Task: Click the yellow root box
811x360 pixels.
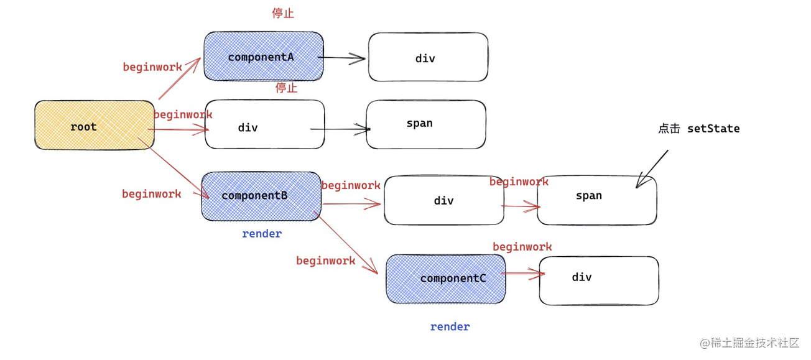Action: [x=94, y=125]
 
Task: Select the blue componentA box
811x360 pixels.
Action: [x=264, y=57]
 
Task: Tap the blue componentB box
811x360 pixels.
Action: [x=261, y=196]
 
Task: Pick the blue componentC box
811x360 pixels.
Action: [x=446, y=279]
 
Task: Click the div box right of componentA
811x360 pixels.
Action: [x=428, y=57]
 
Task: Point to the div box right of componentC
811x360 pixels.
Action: [x=598, y=280]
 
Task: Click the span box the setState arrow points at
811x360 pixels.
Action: [x=596, y=200]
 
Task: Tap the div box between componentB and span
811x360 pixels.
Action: [x=443, y=200]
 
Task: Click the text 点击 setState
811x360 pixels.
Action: [x=698, y=129]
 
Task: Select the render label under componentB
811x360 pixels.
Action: [x=262, y=234]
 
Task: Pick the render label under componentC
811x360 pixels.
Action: [x=450, y=326]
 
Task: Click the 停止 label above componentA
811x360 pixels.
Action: [x=283, y=13]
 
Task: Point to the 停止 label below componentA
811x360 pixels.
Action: [x=286, y=88]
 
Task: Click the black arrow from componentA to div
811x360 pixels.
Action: [x=344, y=58]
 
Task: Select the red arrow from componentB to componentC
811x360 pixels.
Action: [x=347, y=242]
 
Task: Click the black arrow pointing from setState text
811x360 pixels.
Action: [x=651, y=168]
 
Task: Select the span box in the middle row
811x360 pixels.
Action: [x=426, y=124]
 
